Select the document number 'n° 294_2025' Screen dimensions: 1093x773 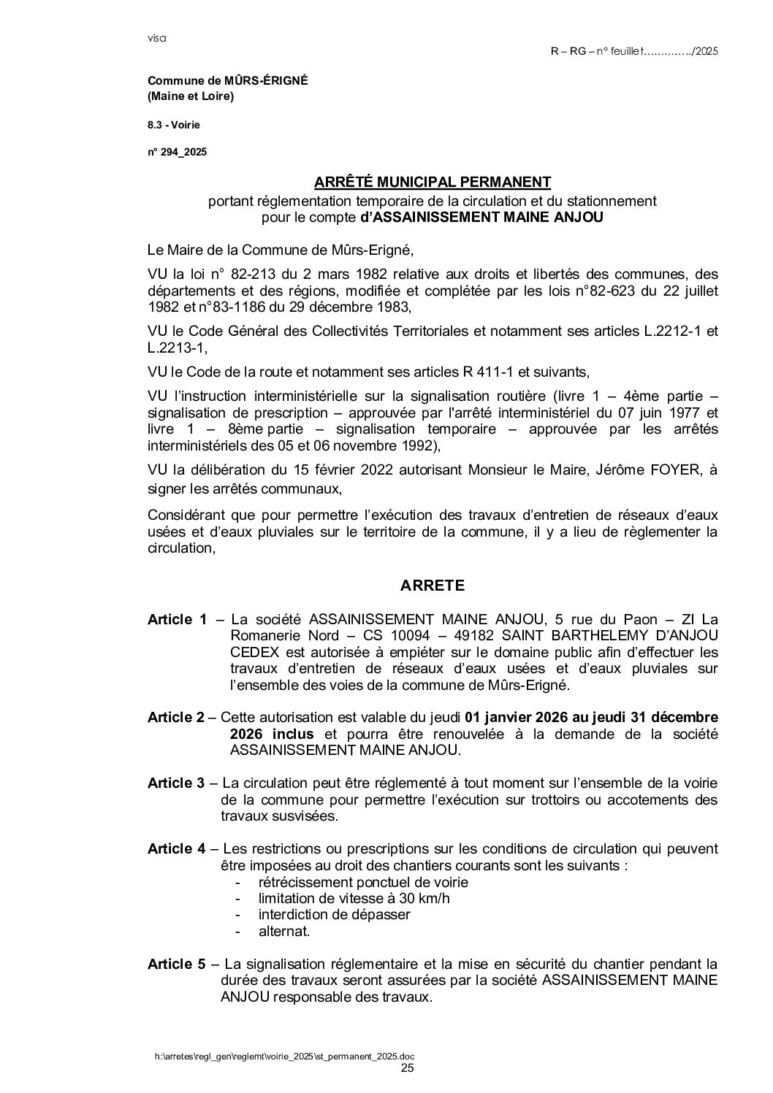point(178,152)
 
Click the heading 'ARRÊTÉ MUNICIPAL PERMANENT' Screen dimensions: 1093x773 point(432,180)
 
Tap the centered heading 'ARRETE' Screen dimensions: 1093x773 point(432,585)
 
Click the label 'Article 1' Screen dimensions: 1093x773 point(177,619)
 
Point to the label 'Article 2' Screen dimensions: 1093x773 point(176,717)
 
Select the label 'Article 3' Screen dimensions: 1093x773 point(176,783)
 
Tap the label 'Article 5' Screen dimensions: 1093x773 point(176,964)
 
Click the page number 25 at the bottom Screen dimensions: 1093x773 point(408,1068)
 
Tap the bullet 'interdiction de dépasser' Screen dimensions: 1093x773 point(334,914)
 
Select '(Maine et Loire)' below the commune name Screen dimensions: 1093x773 point(191,96)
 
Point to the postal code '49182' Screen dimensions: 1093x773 point(476,636)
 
